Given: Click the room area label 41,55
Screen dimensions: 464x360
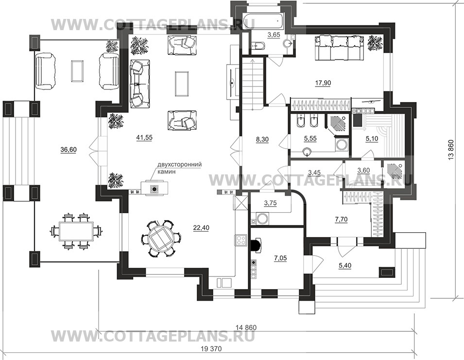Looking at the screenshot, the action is (x=144, y=137).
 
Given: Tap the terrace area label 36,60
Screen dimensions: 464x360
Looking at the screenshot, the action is (x=69, y=150).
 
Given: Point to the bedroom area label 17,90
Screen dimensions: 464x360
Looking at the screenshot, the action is (x=323, y=83).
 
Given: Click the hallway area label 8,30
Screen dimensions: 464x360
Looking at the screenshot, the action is (x=262, y=139).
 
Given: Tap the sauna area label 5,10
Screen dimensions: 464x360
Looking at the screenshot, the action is (x=372, y=138).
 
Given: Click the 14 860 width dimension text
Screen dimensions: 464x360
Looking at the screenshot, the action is (x=246, y=327).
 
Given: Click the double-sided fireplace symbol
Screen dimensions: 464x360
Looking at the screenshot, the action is (x=154, y=189).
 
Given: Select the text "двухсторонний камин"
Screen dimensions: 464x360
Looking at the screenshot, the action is (x=175, y=168).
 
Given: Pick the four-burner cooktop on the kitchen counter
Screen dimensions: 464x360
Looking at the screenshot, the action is (x=241, y=240).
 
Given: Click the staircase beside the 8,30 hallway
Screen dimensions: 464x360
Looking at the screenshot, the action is (x=252, y=84).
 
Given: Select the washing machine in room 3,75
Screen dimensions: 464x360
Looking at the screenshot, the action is (x=262, y=219).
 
